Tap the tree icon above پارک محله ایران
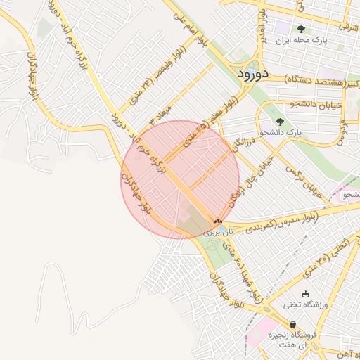301,30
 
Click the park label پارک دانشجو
279,132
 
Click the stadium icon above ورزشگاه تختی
304,294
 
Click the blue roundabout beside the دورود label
233,72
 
